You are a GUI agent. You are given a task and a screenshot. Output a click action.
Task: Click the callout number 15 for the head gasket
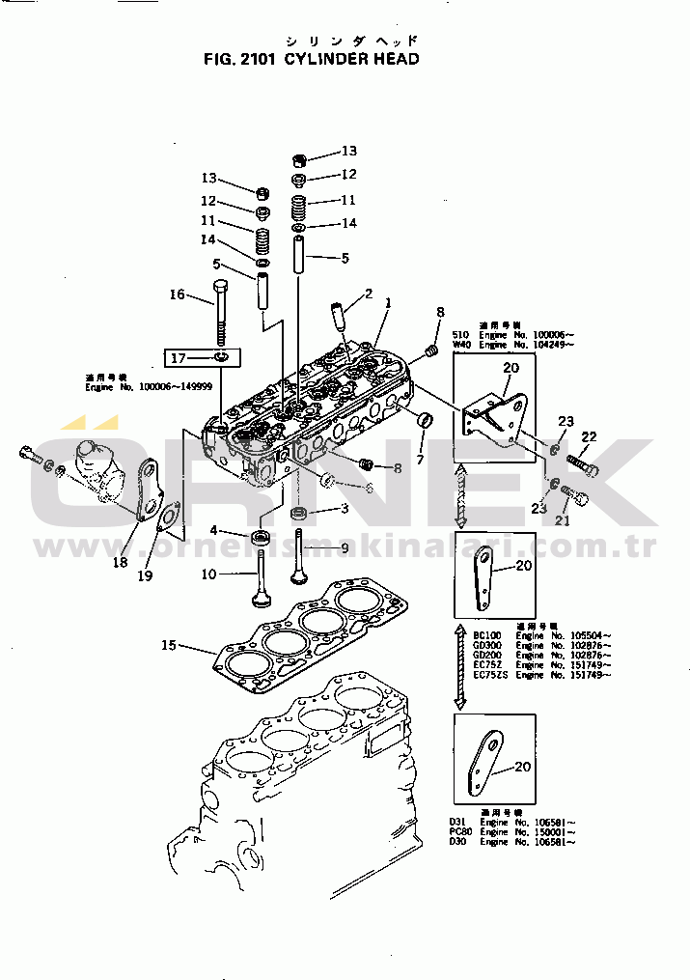[x=169, y=644]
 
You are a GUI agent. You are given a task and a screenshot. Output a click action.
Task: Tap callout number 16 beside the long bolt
[x=177, y=294]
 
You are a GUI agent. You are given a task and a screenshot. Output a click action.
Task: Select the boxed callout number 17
[x=178, y=359]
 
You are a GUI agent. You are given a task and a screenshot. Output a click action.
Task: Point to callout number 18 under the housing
[x=120, y=562]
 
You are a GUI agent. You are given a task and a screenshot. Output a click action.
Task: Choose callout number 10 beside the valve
[x=208, y=575]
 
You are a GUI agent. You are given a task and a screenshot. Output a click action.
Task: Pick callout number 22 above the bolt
[x=589, y=436]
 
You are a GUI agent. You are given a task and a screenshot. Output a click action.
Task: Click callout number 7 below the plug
[x=420, y=461]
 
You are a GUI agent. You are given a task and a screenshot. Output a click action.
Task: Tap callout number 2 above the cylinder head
[x=368, y=294]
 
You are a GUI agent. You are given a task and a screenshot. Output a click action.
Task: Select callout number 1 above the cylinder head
[x=388, y=302]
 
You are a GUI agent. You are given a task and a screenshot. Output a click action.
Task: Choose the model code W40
[x=461, y=345]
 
